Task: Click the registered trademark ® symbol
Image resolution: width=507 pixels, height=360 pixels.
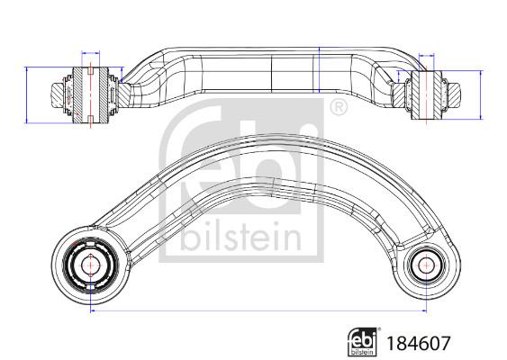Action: [339, 110]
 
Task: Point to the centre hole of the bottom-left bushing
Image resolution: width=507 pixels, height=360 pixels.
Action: [92, 265]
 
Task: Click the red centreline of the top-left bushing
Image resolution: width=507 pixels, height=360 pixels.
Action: [92, 90]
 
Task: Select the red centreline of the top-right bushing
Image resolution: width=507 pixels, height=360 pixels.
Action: [425, 90]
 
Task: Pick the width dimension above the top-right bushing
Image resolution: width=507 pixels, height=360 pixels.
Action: [425, 58]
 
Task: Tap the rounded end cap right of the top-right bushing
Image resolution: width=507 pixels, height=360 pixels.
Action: [459, 92]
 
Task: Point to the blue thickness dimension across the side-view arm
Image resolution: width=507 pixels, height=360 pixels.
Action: [319, 70]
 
